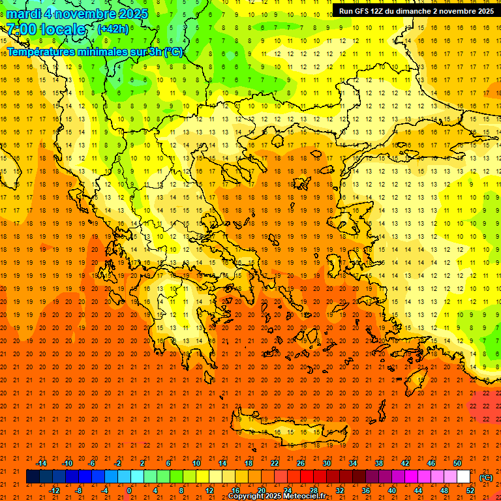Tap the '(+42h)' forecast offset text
(x=113, y=29)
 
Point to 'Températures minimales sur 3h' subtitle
(x=95, y=52)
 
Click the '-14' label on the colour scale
(x=41, y=463)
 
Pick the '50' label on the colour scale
(x=457, y=463)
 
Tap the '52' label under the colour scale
(x=470, y=491)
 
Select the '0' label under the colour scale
(x=129, y=491)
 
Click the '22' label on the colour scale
(x=275, y=463)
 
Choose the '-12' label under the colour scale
(x=54, y=491)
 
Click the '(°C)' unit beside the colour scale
(x=485, y=478)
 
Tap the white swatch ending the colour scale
(x=463, y=477)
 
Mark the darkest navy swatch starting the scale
(x=33, y=477)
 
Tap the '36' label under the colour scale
(x=365, y=491)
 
